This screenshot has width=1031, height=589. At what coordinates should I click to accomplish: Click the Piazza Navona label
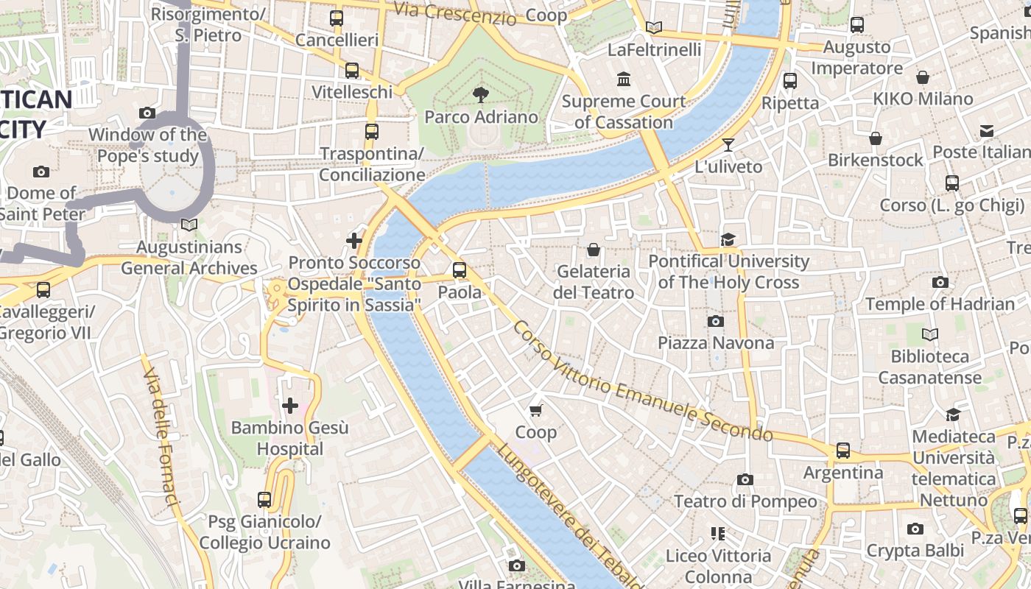(715, 343)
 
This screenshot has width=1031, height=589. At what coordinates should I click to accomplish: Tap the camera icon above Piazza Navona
(715, 321)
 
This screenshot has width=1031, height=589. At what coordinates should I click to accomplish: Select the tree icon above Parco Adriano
(481, 94)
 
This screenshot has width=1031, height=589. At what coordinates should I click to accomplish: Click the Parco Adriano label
(481, 117)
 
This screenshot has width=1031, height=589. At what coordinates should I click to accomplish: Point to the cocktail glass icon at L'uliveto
(728, 145)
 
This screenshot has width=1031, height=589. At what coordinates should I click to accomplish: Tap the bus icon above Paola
(460, 269)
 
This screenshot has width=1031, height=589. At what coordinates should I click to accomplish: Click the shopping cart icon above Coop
(535, 410)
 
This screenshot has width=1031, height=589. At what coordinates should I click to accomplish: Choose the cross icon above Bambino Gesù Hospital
(290, 405)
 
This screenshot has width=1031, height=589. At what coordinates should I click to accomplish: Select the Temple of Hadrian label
(940, 304)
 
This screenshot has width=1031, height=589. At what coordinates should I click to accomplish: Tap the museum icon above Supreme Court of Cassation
(624, 79)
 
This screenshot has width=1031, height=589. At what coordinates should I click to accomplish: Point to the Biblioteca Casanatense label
(930, 367)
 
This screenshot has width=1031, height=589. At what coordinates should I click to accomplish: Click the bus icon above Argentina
(843, 450)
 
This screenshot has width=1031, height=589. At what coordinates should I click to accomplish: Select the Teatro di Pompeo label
(745, 501)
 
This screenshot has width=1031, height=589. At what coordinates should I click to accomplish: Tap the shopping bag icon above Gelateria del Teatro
(594, 250)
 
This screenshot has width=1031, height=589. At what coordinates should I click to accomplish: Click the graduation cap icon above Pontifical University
(728, 239)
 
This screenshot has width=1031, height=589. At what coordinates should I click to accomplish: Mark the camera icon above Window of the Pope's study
(147, 113)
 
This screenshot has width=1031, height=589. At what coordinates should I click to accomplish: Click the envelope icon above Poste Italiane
(986, 131)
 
